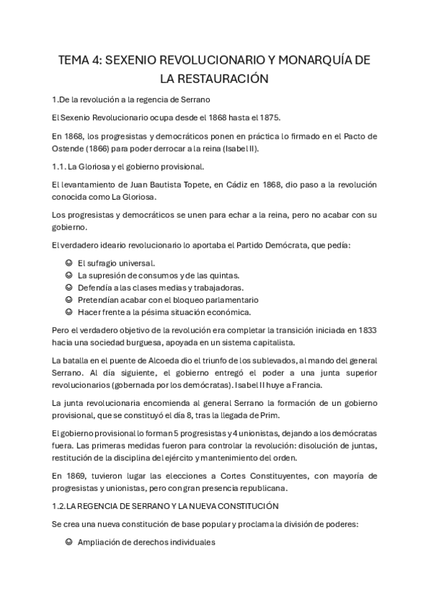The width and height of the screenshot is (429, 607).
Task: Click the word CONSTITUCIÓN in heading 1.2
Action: tap(244, 506)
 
